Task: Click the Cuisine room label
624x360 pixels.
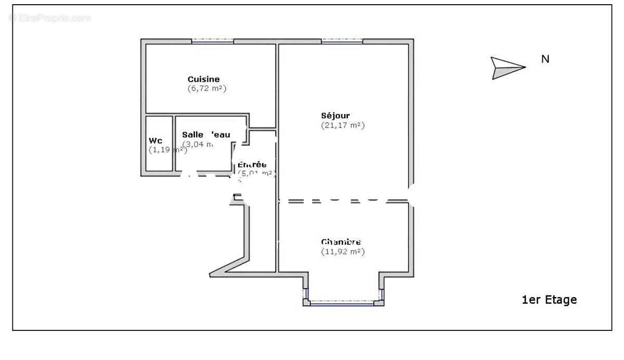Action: (x=203, y=79)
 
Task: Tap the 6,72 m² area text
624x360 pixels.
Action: (x=207, y=88)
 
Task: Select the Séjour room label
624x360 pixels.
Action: (x=335, y=115)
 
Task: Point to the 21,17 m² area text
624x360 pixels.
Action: (x=343, y=125)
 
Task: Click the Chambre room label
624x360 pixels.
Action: (x=341, y=242)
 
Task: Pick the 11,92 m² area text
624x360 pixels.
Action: (x=343, y=251)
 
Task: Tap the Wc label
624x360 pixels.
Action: (x=155, y=140)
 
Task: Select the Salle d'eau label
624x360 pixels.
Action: (x=206, y=135)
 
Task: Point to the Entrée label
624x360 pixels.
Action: (x=252, y=165)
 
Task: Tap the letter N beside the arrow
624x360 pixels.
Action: (x=545, y=59)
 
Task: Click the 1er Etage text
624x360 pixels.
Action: (x=549, y=300)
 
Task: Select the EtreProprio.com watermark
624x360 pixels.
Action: (x=50, y=18)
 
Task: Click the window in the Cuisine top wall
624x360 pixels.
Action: (x=213, y=41)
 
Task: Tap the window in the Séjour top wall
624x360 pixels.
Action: (x=342, y=41)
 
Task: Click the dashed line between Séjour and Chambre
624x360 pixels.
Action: (x=343, y=200)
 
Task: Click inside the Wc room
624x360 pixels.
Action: (x=159, y=159)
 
